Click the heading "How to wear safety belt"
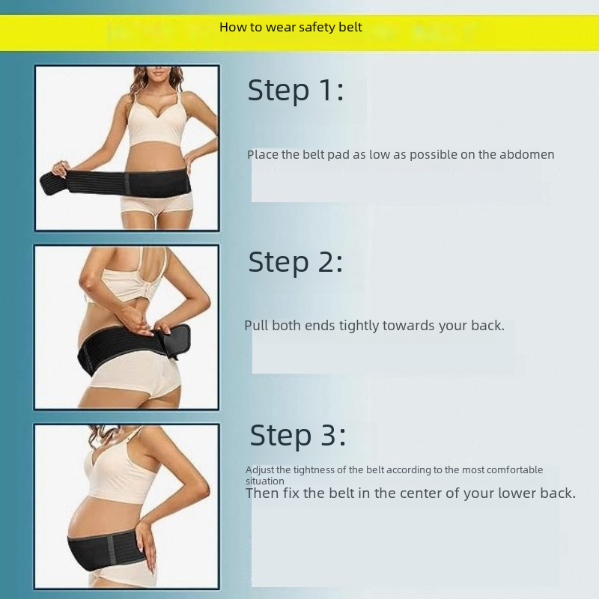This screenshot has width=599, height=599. [291, 27]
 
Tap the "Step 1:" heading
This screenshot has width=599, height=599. [296, 91]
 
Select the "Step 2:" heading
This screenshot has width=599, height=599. [296, 263]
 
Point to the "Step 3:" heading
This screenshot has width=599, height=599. [297, 435]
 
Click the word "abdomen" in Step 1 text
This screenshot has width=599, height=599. [527, 154]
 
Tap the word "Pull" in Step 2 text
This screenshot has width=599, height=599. [256, 326]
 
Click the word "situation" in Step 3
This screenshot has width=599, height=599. [265, 481]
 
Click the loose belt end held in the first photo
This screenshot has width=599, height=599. [54, 183]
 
